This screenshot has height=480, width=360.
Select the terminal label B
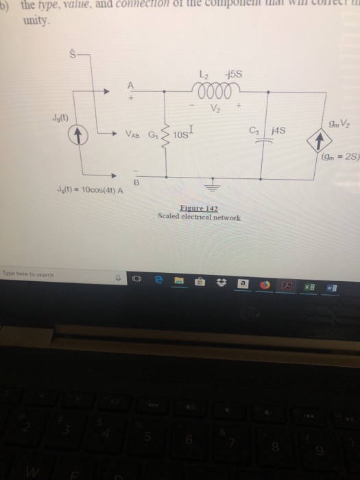pos(136,182)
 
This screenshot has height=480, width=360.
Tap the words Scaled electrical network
pos(199,217)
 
